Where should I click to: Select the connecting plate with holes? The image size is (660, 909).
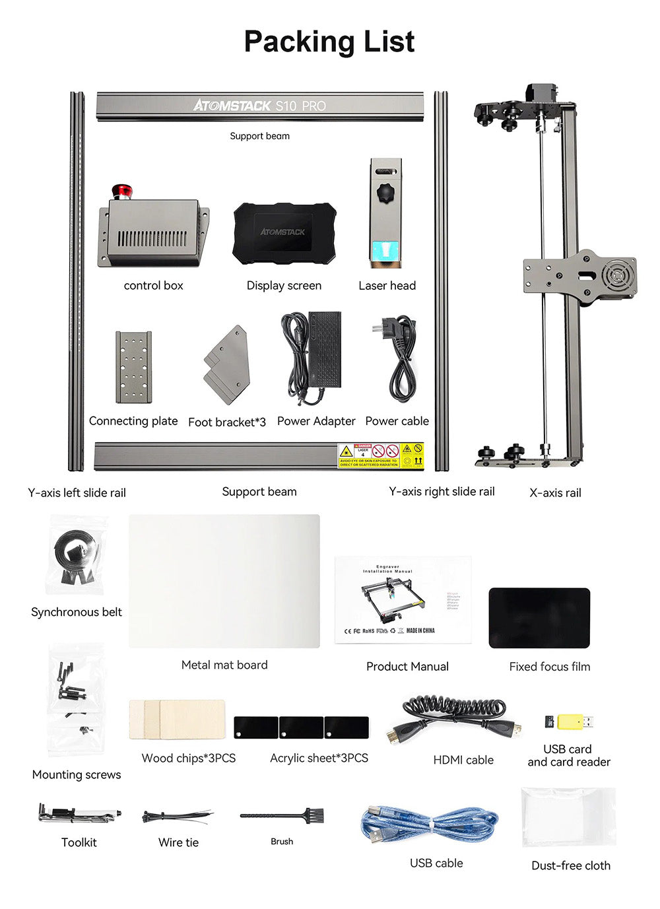point(133,367)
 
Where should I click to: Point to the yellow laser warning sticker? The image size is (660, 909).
point(381,455)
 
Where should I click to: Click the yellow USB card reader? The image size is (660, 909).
point(574,722)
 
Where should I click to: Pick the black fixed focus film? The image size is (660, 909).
point(539,618)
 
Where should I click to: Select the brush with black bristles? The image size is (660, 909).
point(282,816)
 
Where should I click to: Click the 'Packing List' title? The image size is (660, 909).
point(329,41)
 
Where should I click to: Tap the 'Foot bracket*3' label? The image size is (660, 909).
point(227,422)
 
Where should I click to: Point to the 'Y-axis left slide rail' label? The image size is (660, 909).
point(77,492)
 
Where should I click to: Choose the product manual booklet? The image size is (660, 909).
point(403,599)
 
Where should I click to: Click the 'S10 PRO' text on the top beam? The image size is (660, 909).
point(301,106)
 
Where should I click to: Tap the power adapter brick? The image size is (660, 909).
point(323,350)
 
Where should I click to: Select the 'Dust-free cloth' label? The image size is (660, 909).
point(571,865)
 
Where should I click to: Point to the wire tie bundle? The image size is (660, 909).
point(178,817)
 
